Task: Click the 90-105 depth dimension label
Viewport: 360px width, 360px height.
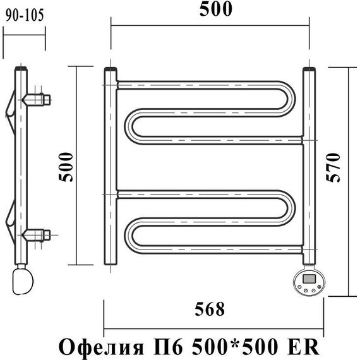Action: coord(24,16)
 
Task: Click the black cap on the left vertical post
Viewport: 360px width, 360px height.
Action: coord(110,70)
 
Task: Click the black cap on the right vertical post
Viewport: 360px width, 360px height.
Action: coord(309,69)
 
